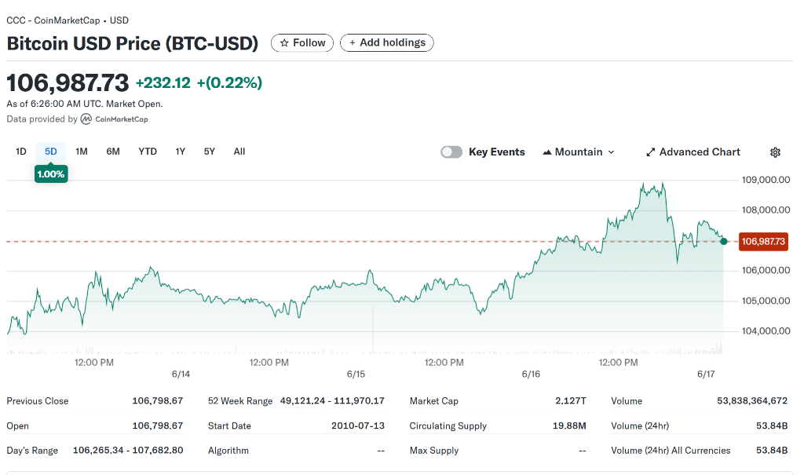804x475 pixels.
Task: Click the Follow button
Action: (302, 43)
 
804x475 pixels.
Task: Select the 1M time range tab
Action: (82, 152)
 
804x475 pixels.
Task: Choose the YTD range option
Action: (148, 152)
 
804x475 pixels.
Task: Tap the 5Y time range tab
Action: (209, 152)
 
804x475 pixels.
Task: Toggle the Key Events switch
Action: (451, 152)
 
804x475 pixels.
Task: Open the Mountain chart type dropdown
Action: (579, 152)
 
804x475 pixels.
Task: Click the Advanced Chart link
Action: (693, 152)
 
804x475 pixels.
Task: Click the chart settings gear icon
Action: (775, 152)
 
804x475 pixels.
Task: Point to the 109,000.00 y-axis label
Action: (765, 180)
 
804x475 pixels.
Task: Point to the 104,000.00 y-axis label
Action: (765, 331)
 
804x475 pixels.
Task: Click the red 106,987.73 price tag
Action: (762, 242)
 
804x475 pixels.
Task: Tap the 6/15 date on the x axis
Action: (356, 375)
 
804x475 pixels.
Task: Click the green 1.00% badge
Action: (51, 174)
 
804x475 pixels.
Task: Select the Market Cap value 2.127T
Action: (571, 401)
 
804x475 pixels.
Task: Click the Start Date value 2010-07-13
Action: (358, 426)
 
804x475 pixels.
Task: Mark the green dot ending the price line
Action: (723, 241)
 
